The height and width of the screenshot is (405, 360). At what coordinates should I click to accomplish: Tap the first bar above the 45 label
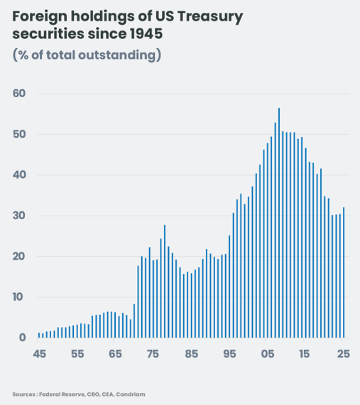point(39,335)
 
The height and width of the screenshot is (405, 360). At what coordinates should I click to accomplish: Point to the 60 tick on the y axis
point(18,94)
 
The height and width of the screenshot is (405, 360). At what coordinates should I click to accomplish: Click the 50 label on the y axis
point(18,135)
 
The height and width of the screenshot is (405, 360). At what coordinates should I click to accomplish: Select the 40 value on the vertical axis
point(18,175)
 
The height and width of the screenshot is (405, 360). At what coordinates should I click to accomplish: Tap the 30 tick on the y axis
point(18,216)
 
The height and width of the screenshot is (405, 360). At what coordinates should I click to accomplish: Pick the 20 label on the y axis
point(18,257)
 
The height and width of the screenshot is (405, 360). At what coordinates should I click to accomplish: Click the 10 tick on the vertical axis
point(18,297)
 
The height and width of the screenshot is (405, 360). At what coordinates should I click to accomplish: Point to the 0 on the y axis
point(22,338)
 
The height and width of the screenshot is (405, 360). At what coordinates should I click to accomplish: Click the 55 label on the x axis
point(77,353)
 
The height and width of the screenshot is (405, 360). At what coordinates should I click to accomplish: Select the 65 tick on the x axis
point(116,353)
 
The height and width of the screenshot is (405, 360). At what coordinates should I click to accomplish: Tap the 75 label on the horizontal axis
point(153,353)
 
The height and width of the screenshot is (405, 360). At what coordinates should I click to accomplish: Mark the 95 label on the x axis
point(229,353)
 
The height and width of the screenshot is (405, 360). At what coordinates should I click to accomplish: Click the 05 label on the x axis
point(268,353)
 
